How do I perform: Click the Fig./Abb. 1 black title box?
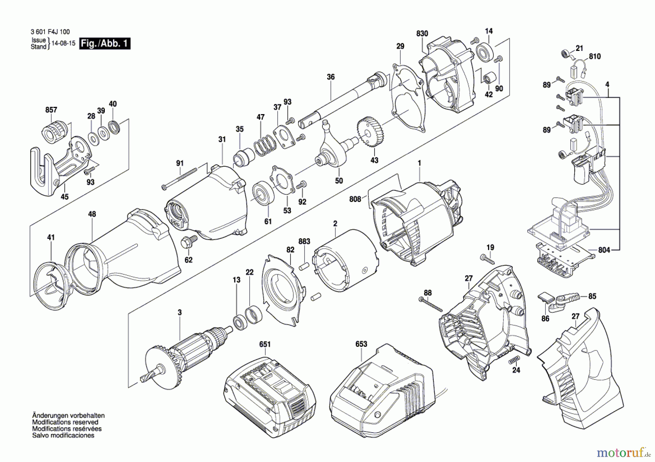[x=105, y=44]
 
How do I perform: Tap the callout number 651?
[x=265, y=344]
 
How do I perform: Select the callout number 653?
[x=361, y=344]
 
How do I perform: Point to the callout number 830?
[x=422, y=33]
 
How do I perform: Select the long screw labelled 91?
[x=179, y=178]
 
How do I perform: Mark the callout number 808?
[x=355, y=199]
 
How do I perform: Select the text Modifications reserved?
[x=65, y=422]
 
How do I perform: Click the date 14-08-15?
[x=64, y=43]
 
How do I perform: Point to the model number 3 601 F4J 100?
[x=50, y=32]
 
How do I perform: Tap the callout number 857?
[x=51, y=110]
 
